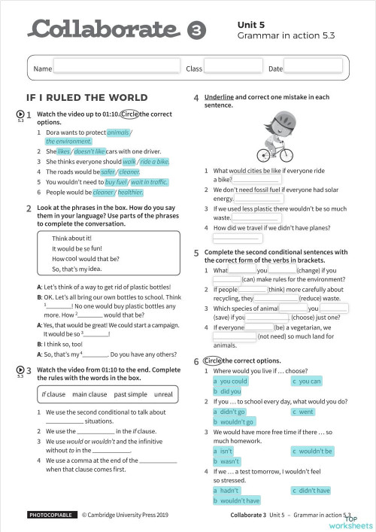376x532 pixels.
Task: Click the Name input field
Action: [117, 68]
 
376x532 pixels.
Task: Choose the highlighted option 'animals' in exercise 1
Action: [118, 132]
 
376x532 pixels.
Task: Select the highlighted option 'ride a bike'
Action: [153, 162]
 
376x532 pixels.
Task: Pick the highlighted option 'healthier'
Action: [131, 191]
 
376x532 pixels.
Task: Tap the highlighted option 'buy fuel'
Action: [116, 181]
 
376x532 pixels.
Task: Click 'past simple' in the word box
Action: [131, 394]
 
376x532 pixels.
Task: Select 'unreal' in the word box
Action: [163, 394]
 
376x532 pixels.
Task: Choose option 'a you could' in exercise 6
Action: [230, 382]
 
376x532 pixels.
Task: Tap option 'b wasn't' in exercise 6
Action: [226, 461]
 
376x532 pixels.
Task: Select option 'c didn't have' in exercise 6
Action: [311, 491]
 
